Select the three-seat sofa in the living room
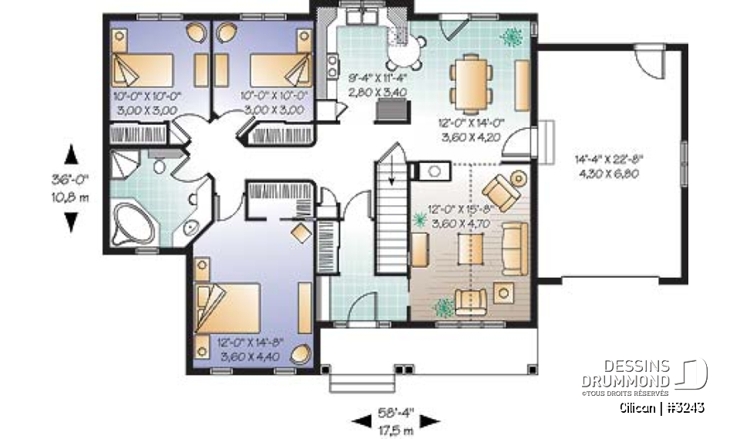(514, 247)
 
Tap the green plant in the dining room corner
(511, 35)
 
